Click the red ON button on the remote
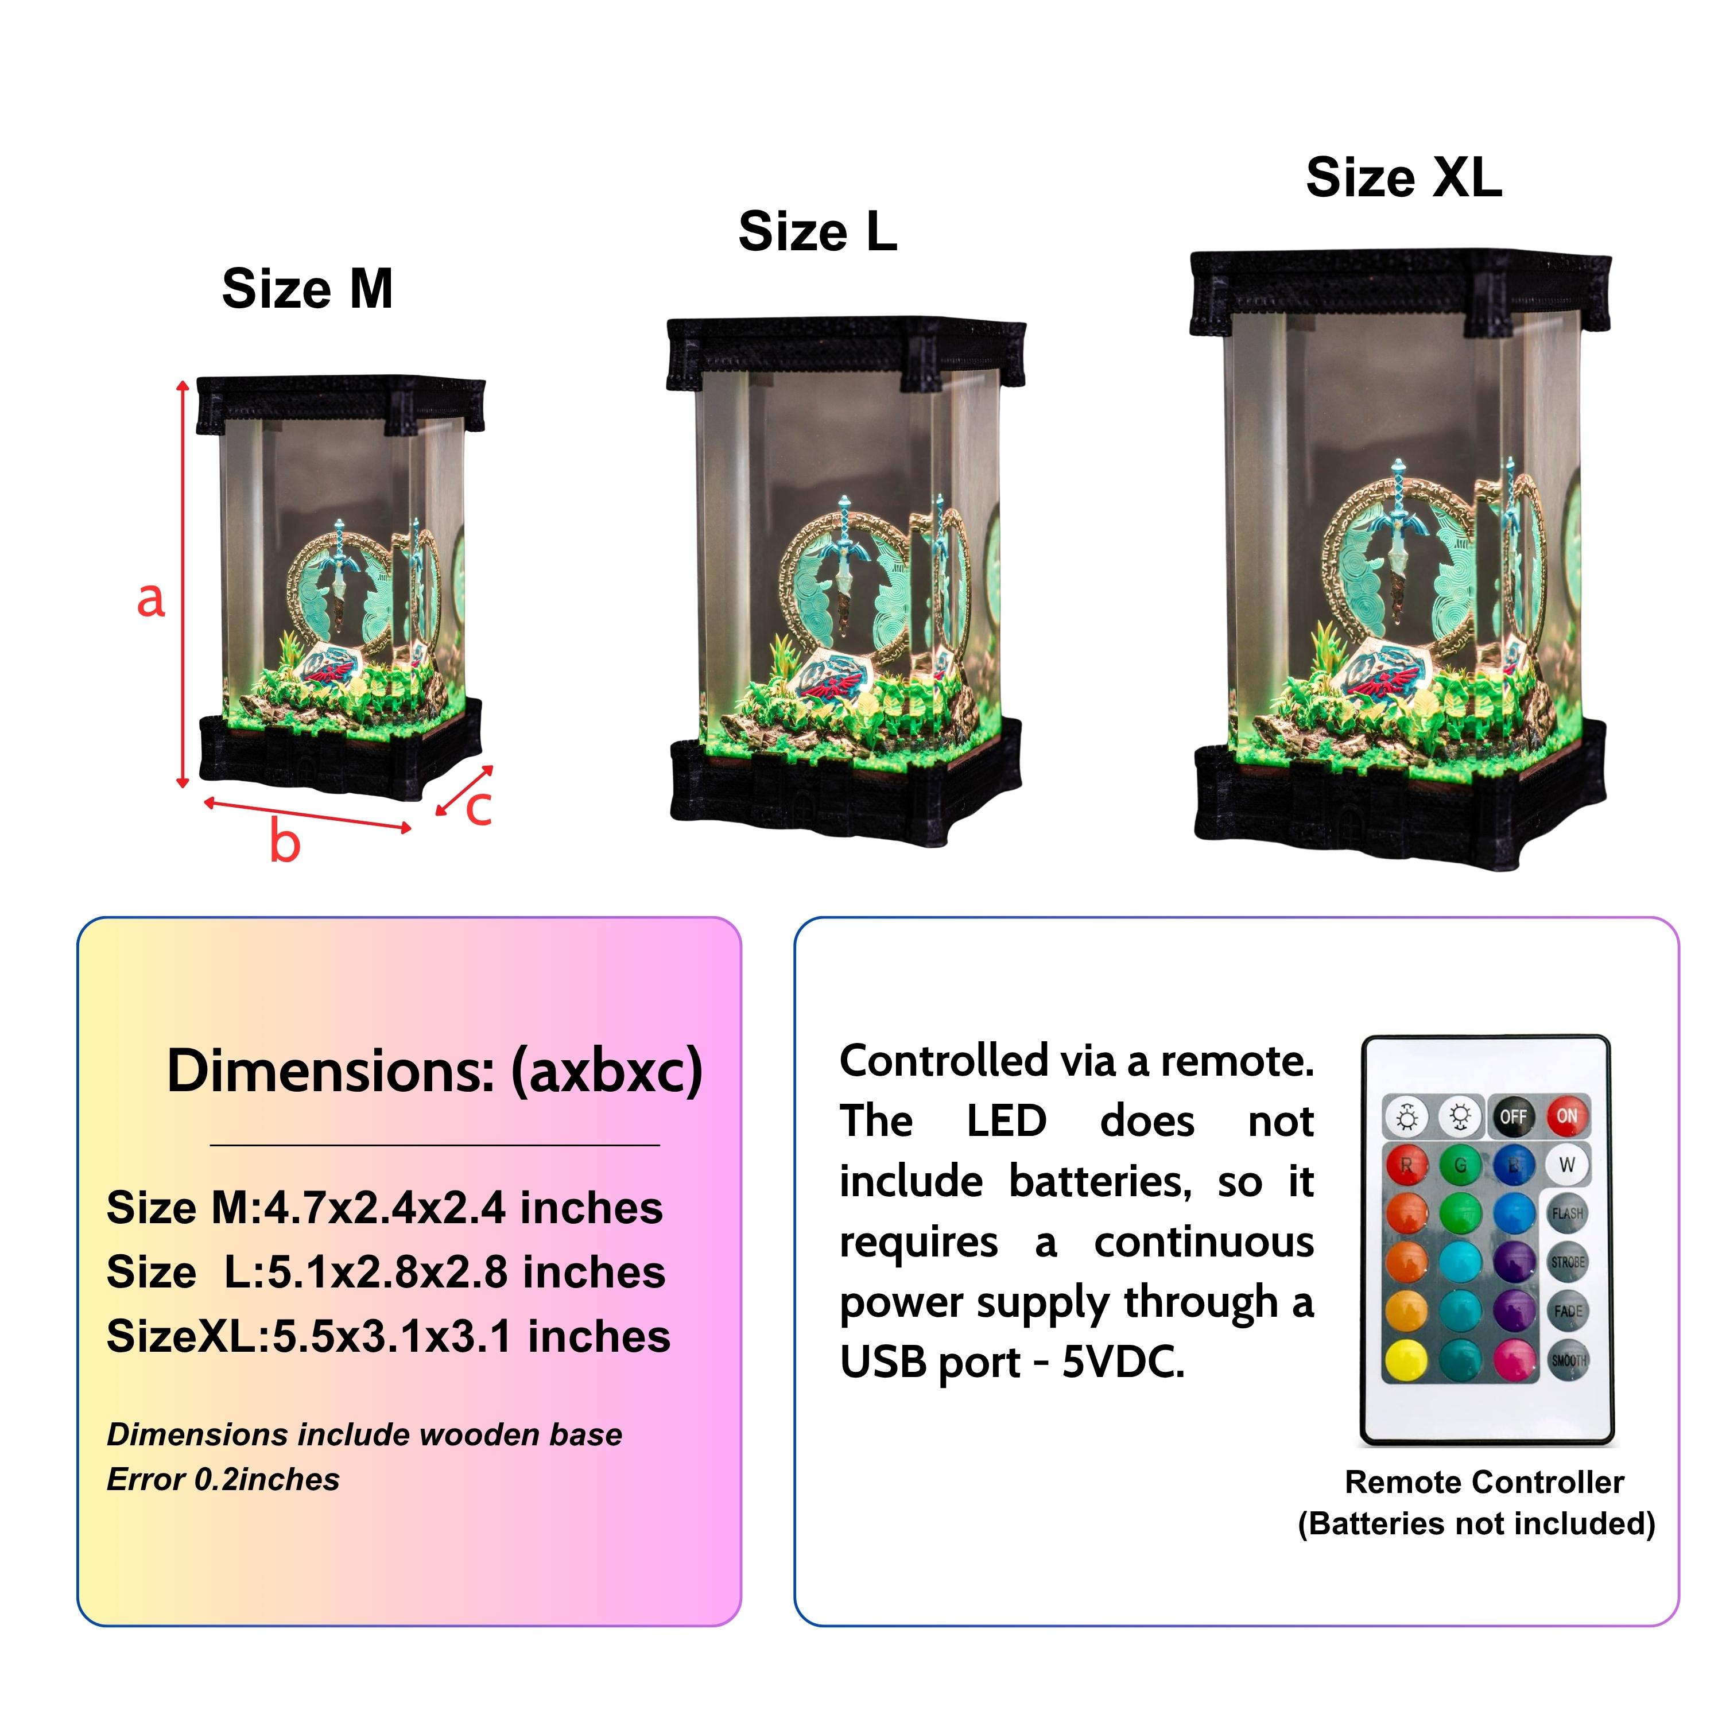click(x=1567, y=1116)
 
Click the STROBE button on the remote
click(x=1568, y=1262)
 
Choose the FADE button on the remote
click(x=1568, y=1311)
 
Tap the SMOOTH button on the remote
click(x=1568, y=1360)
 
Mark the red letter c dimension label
click(x=479, y=808)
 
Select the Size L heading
click(x=817, y=232)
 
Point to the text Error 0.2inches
click(x=223, y=1480)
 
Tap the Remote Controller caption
click(x=1484, y=1482)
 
